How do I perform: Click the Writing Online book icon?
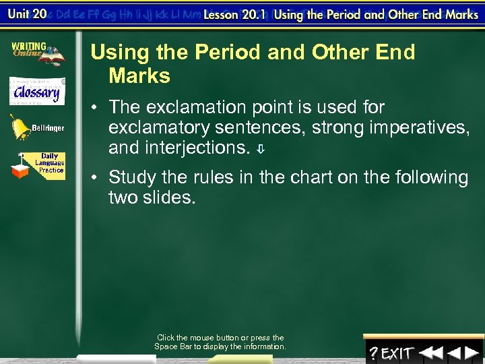pyautogui.click(x=37, y=53)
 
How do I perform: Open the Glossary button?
pyautogui.click(x=37, y=91)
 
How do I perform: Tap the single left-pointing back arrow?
pyautogui.click(x=455, y=353)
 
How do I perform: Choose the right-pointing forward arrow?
pyautogui.click(x=474, y=353)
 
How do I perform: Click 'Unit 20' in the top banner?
pyautogui.click(x=26, y=14)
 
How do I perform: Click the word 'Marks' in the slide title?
pyautogui.click(x=139, y=76)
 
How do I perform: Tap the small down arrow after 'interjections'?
pyautogui.click(x=260, y=148)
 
